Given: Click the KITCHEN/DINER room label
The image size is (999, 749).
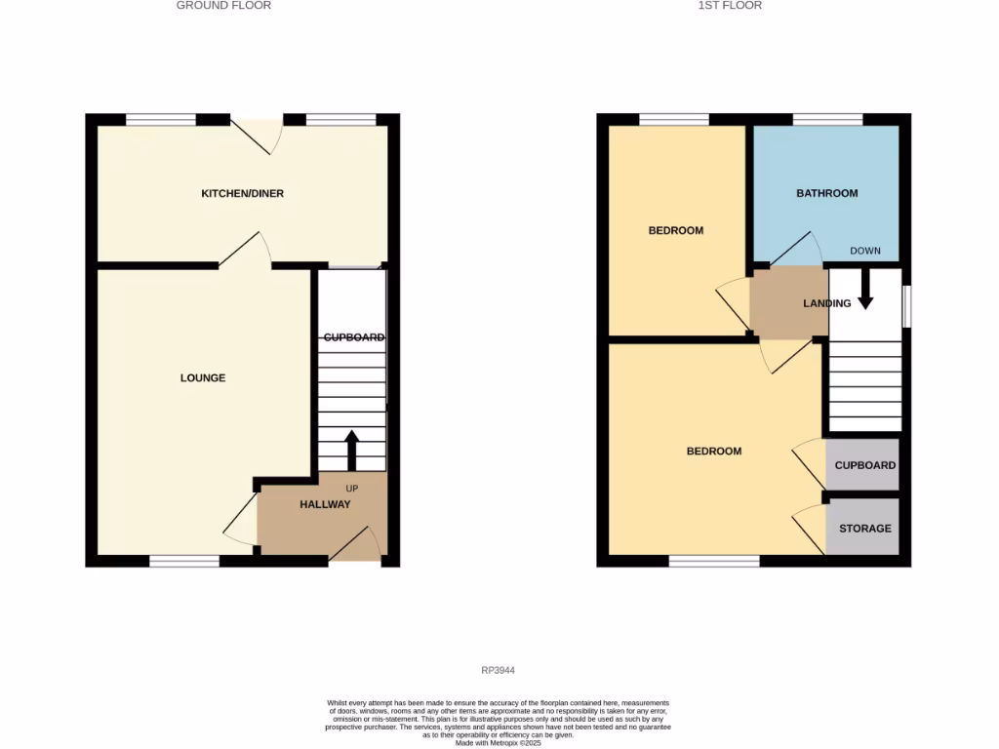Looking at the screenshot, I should click(242, 193).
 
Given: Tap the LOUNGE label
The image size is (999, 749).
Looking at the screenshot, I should click(203, 377).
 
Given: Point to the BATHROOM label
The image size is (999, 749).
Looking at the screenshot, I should click(826, 193).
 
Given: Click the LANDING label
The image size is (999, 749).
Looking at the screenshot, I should click(826, 303).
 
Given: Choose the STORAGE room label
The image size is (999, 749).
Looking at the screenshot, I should click(865, 529).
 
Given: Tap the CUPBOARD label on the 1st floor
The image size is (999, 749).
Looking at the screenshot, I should click(864, 465).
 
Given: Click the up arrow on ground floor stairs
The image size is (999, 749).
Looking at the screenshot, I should click(352, 450).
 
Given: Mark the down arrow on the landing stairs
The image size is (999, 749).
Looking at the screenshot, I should click(864, 291).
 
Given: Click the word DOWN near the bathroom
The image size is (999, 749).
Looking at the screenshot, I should click(864, 251).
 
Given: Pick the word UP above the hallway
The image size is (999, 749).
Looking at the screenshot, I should click(352, 488).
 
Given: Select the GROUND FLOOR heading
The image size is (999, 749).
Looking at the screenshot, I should click(223, 6).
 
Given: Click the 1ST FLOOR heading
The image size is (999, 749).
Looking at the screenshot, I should click(730, 6).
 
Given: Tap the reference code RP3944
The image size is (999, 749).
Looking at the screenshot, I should click(498, 670).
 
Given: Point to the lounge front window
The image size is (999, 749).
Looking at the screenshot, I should click(184, 561).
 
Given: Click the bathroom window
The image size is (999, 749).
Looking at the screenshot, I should click(827, 120).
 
